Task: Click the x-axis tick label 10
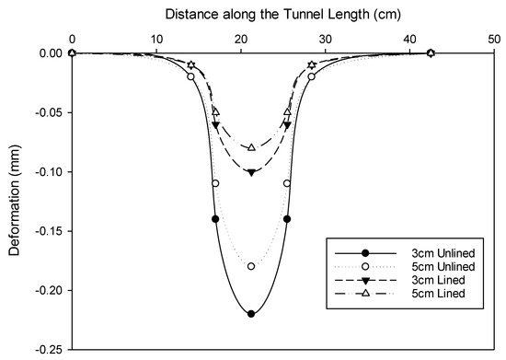coord(156,39)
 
